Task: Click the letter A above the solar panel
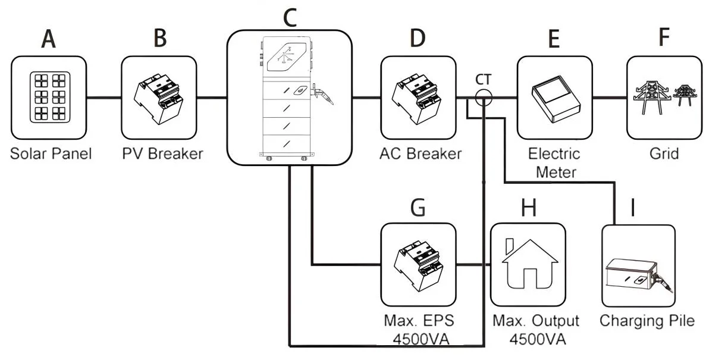[x=49, y=39]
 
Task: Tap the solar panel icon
[x=49, y=98]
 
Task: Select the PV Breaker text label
[x=162, y=154]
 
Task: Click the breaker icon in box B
[x=159, y=98]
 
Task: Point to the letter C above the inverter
[x=290, y=18]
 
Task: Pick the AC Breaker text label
[x=421, y=154]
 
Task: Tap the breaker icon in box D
[x=418, y=98]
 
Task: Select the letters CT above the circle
[x=484, y=80]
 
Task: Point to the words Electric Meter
[x=554, y=162]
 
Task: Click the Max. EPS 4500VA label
[x=419, y=330]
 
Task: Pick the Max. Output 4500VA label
[x=536, y=330]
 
